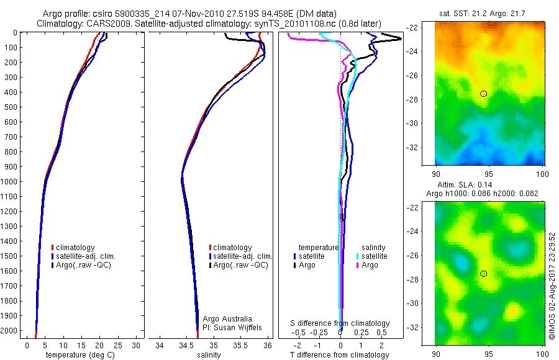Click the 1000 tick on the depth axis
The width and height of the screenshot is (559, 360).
11,181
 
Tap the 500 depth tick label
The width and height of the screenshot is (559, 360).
11,107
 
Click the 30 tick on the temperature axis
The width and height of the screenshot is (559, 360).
136,345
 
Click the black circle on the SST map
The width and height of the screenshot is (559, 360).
483,93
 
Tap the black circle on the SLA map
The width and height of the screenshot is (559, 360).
483,273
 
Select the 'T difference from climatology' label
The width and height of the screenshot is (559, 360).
340,355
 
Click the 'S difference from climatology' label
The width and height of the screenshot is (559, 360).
340,323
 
